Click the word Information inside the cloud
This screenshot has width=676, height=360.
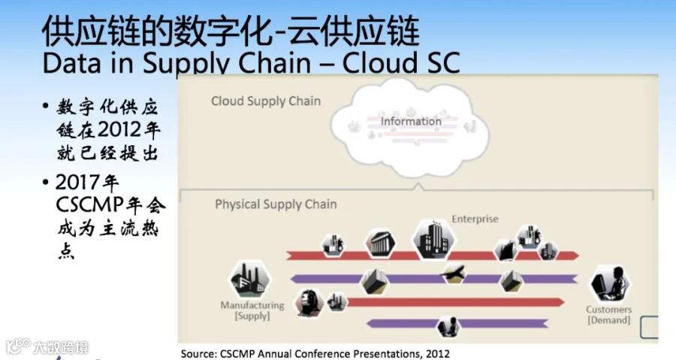(411, 122)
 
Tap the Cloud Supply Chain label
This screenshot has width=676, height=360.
(266, 101)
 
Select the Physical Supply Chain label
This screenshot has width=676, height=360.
(276, 204)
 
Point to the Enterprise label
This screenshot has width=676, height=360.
(475, 219)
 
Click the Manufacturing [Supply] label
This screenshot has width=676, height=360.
(252, 310)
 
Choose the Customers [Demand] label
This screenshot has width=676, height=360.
(608, 315)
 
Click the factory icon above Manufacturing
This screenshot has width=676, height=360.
(249, 279)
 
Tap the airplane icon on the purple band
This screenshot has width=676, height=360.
(454, 273)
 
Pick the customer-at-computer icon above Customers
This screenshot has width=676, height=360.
(609, 283)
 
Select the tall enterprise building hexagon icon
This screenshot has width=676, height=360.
(433, 239)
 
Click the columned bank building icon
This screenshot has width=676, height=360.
(380, 244)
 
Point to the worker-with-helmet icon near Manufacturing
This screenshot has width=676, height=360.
(309, 302)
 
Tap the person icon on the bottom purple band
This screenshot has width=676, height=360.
(448, 326)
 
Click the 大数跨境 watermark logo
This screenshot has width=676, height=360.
(47, 347)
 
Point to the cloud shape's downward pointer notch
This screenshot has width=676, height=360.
(417, 186)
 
